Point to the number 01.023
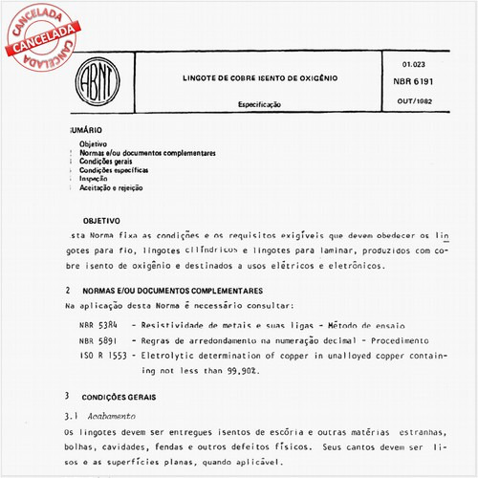pos(403,65)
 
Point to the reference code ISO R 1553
pos(101,355)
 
